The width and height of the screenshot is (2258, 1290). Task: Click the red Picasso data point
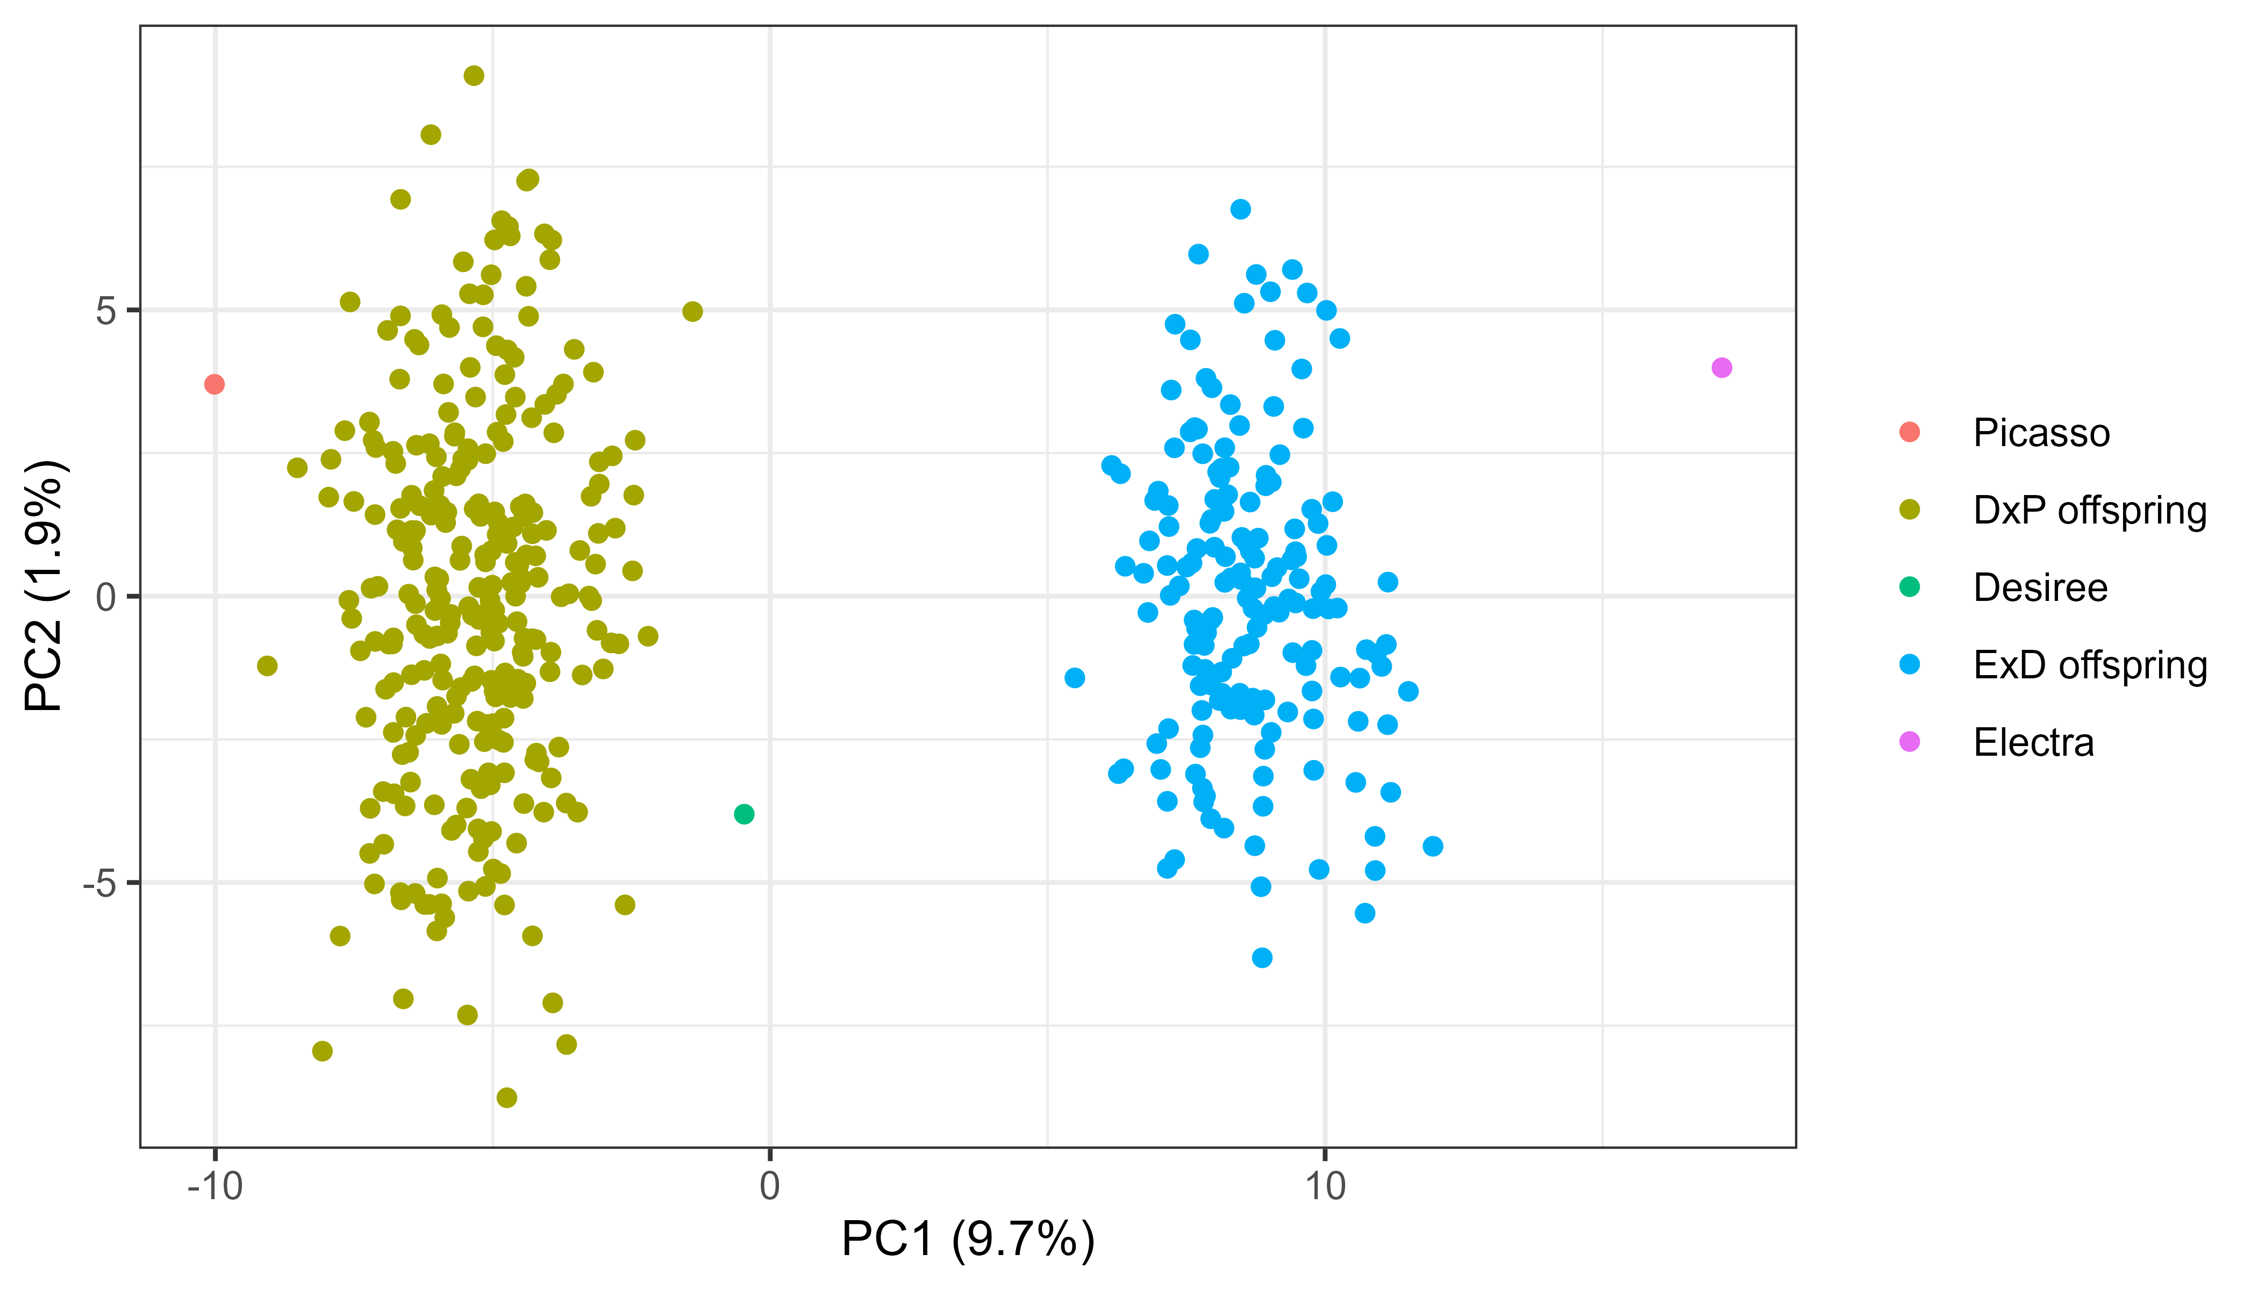point(215,384)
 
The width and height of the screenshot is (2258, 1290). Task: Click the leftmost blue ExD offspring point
point(1075,678)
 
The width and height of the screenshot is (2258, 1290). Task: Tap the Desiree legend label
point(2040,587)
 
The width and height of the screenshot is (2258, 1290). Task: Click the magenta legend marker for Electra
point(1910,742)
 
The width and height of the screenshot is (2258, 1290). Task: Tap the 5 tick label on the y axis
point(107,311)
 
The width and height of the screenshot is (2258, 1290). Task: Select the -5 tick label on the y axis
point(100,883)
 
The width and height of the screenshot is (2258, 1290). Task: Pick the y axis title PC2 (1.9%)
point(44,586)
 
